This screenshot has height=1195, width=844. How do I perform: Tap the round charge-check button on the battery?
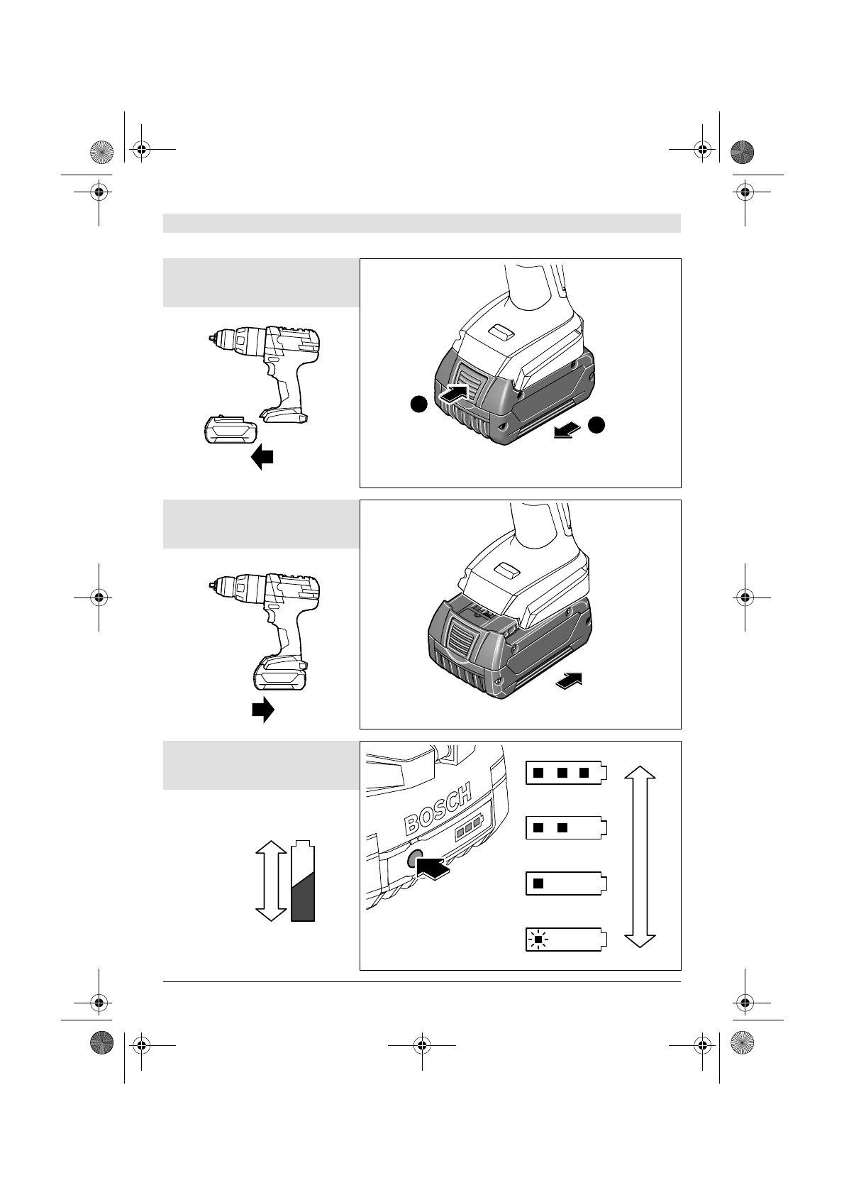point(415,859)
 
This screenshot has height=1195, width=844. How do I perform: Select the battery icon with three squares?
point(566,773)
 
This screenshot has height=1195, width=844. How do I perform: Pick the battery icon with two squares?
point(566,828)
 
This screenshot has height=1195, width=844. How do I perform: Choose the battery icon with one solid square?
point(566,883)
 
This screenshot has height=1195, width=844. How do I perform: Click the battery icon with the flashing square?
point(566,940)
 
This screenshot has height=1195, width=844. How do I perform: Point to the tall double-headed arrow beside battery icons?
point(640,857)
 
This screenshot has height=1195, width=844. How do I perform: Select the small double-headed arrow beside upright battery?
point(269,880)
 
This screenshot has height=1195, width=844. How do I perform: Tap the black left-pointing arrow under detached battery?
point(262,457)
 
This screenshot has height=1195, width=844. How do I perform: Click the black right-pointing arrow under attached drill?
point(262,709)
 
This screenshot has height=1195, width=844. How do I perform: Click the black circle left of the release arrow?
point(418,404)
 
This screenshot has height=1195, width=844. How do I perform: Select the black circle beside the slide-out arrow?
point(598,424)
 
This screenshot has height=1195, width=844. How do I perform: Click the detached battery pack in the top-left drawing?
point(228,430)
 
